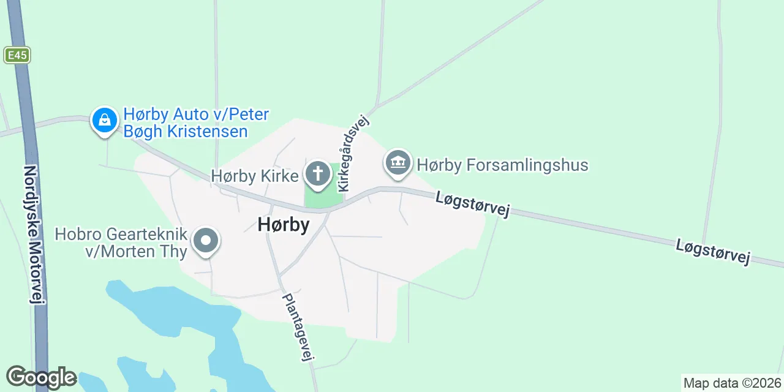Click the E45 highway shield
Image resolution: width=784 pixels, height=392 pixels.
(x=17, y=55)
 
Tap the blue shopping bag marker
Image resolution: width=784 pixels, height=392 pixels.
(x=105, y=119)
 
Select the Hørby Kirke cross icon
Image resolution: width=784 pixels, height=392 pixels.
(x=317, y=174)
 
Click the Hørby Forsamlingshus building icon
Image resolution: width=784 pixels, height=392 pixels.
(x=399, y=163)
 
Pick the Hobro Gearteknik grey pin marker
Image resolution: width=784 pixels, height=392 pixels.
(x=206, y=241)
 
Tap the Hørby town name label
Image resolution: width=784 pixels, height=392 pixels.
(x=284, y=225)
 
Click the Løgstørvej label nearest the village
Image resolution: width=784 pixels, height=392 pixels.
(x=473, y=204)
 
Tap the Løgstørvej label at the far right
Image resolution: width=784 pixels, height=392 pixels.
(x=714, y=252)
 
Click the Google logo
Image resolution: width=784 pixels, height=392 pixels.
(x=41, y=377)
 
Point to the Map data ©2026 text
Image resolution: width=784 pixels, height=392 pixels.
(x=732, y=383)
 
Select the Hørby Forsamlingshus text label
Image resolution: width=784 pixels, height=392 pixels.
(x=502, y=165)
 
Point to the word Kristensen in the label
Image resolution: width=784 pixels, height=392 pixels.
(x=207, y=131)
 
